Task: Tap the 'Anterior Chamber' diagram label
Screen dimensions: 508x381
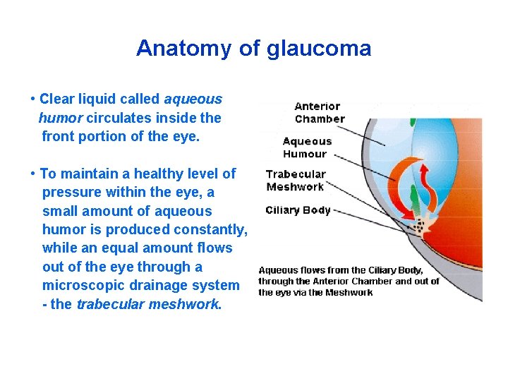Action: pyautogui.click(x=319, y=113)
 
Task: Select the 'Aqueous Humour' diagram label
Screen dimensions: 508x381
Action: pyautogui.click(x=307, y=147)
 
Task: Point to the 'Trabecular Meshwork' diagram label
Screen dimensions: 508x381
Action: pyautogui.click(x=296, y=181)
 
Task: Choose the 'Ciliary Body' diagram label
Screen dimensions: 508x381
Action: pyautogui.click(x=298, y=210)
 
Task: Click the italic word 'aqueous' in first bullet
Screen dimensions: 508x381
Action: pyautogui.click(x=193, y=99)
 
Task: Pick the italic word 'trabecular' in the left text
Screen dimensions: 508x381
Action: pyautogui.click(x=109, y=304)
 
